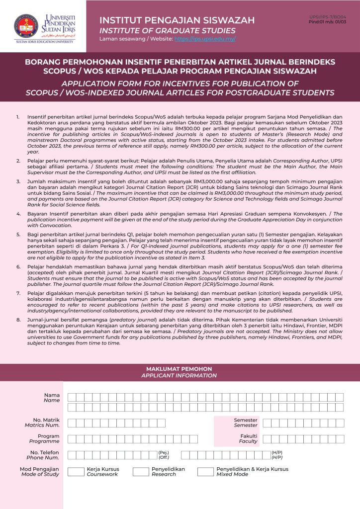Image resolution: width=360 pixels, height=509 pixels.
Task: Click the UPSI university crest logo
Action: pos(26,26)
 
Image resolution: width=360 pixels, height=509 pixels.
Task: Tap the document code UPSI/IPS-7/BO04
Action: pos(328,17)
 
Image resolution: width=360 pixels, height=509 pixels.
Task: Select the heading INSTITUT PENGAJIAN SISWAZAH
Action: pos(177,20)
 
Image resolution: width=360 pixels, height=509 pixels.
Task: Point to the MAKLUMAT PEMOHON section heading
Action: pos(179,369)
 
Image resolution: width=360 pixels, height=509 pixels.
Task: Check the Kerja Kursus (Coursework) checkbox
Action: pos(76,472)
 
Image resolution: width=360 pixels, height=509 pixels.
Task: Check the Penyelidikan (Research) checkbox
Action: pos(141,472)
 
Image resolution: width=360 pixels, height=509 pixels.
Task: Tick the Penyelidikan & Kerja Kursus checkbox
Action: pos(205,472)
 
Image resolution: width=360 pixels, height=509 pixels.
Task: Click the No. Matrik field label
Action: pos(46,420)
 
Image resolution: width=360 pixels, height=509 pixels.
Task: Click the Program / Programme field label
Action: pos(48,436)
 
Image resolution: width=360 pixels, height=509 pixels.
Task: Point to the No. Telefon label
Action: pos(44,452)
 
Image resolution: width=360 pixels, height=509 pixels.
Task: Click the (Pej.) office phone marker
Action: pos(164,452)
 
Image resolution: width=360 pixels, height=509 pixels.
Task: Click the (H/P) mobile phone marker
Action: pos(277,452)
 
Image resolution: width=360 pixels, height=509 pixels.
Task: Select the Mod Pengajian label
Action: pos(39,469)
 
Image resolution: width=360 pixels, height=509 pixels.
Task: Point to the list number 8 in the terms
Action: pos(18,319)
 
